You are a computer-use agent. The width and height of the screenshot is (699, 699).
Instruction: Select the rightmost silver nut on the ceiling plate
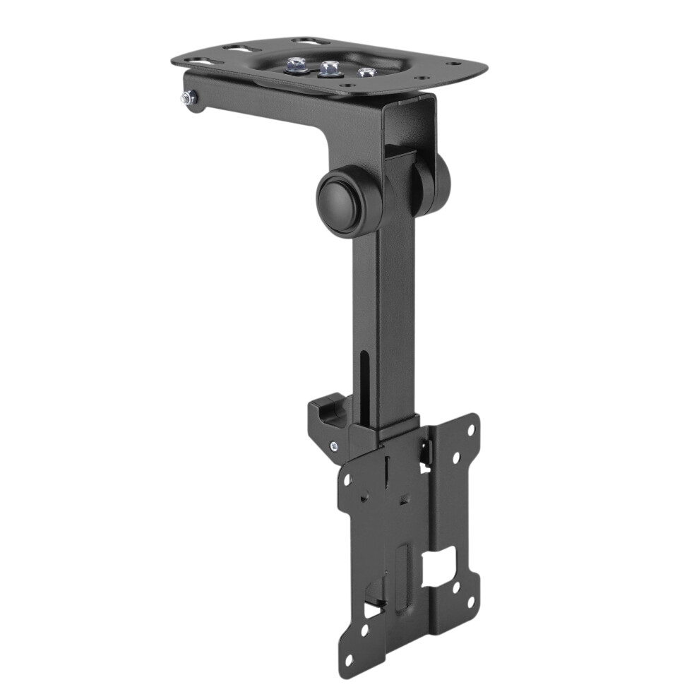point(365,72)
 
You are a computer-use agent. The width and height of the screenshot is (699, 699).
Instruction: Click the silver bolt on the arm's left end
point(187,100)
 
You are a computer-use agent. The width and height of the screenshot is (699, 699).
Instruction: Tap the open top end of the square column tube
point(410,106)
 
